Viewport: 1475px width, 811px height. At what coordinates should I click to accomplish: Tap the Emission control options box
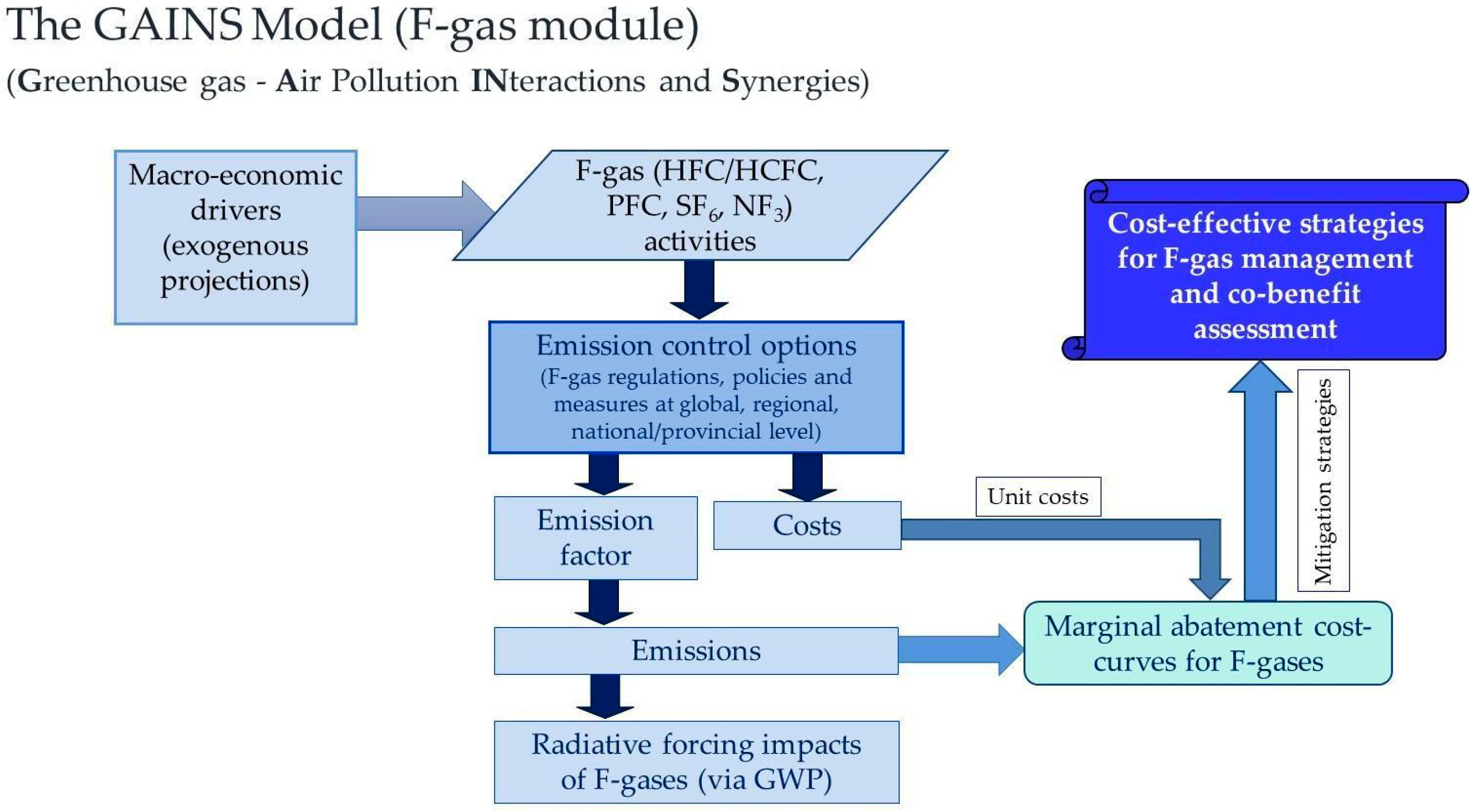tap(696, 387)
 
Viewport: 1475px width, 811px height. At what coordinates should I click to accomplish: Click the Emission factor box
tap(596, 538)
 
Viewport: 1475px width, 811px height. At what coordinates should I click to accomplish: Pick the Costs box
tap(807, 525)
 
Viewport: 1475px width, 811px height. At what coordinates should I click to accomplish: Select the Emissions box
tap(696, 651)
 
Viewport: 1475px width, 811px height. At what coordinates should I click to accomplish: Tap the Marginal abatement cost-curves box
tap(1208, 643)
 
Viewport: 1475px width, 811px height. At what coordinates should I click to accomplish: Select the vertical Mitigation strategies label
tap(1323, 481)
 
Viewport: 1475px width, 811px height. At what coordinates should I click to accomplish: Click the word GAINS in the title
tap(167, 26)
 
